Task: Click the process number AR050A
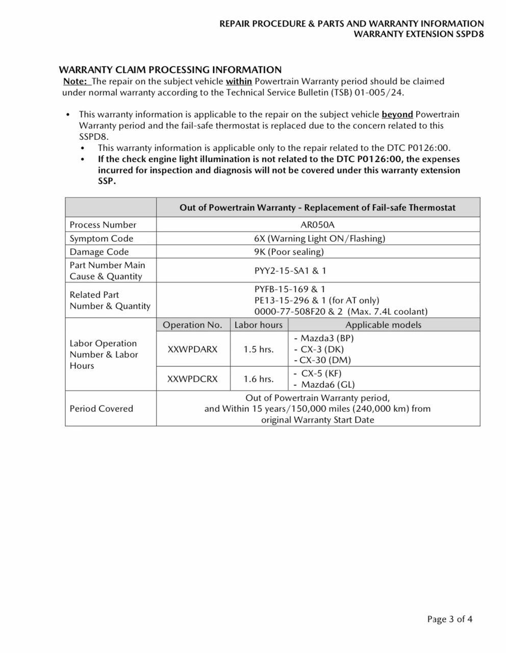tap(317, 224)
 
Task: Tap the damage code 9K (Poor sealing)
tap(289, 252)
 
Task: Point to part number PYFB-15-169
tap(282, 289)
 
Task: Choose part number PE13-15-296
tap(282, 300)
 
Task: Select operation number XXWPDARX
tap(192, 349)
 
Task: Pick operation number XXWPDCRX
tap(192, 379)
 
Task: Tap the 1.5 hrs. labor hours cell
tap(259, 349)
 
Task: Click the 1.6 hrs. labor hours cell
tap(259, 379)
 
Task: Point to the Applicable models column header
tap(384, 325)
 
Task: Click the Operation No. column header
tap(192, 325)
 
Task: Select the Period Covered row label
tap(102, 409)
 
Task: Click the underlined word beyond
tap(397, 114)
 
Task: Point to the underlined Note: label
tap(75, 81)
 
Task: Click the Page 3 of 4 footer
tap(449, 619)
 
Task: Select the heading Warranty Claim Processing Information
tap(170, 70)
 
